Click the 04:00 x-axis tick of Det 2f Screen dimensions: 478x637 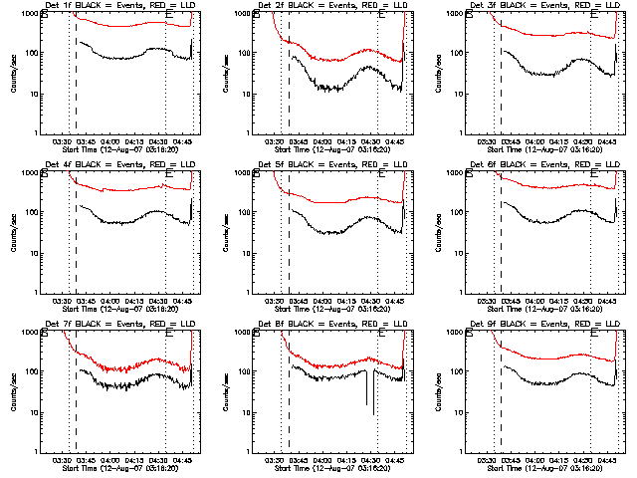[x=322, y=141]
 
